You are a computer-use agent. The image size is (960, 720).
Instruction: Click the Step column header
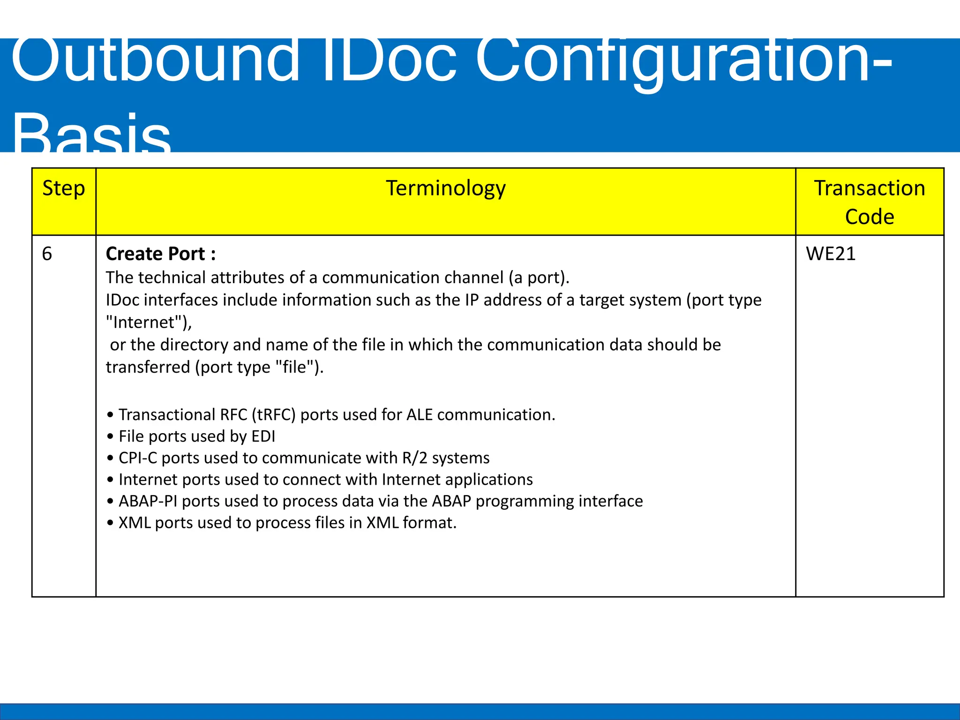(x=64, y=189)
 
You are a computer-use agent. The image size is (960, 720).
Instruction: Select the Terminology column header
(x=446, y=189)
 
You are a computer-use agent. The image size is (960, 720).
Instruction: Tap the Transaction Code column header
(x=870, y=202)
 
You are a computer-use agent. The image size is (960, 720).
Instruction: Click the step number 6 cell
(x=47, y=254)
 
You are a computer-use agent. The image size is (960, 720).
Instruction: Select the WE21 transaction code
(x=831, y=254)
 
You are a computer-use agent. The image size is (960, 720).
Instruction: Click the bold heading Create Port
(x=161, y=254)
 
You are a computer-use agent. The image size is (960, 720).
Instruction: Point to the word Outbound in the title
(x=155, y=61)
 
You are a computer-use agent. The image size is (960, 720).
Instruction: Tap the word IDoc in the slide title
(x=389, y=61)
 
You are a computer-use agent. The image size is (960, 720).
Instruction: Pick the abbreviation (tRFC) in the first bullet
(x=273, y=415)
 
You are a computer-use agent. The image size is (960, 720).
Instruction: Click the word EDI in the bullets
(x=263, y=436)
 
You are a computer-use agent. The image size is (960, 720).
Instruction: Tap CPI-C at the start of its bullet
(x=138, y=458)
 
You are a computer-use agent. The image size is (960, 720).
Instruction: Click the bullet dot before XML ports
(x=110, y=523)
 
